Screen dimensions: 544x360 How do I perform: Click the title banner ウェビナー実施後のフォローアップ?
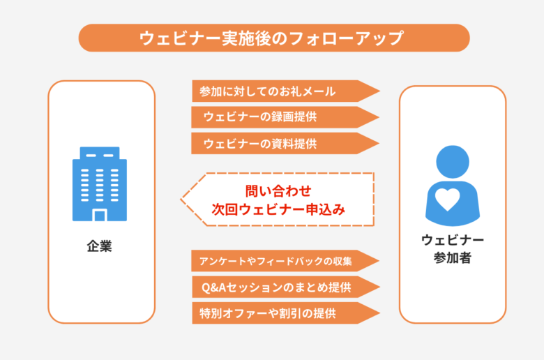point(274,38)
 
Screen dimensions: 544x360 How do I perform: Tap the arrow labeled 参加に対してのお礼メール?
point(286,91)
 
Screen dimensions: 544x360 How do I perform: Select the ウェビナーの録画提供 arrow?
point(285,117)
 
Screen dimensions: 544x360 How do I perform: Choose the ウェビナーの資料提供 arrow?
point(285,144)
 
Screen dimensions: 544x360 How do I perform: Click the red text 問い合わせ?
point(278,191)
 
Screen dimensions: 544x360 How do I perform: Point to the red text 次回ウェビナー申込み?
point(278,209)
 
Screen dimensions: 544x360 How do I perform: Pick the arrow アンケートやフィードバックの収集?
point(285,261)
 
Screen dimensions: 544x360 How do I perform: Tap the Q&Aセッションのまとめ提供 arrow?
point(286,287)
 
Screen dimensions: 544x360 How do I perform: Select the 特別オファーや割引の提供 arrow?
point(286,313)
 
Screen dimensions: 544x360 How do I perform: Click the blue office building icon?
point(100,184)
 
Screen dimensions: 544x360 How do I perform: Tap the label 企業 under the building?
point(99,246)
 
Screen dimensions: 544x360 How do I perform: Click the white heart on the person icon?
point(448,200)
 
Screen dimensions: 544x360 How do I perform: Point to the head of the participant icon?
point(453,162)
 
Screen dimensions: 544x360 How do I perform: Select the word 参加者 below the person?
point(453,257)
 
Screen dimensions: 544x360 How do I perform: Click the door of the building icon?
point(100,216)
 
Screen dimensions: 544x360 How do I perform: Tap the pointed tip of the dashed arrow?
point(181,200)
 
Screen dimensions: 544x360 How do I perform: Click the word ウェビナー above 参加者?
point(453,240)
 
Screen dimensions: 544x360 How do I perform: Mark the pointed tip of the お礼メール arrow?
point(380,91)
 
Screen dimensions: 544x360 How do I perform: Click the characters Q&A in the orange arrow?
point(213,287)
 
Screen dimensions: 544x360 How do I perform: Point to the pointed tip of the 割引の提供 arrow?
point(380,313)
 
